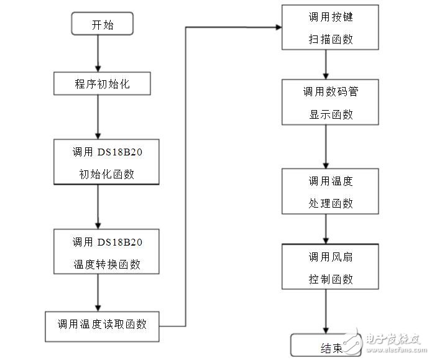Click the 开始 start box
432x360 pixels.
pos(103,24)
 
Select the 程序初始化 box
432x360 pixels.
pos(103,84)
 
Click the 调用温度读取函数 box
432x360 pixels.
pos(103,323)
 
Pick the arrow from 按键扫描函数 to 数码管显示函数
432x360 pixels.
pos(326,64)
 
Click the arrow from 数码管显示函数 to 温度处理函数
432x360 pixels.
pos(326,146)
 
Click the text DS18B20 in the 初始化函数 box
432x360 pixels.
pos(122,151)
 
